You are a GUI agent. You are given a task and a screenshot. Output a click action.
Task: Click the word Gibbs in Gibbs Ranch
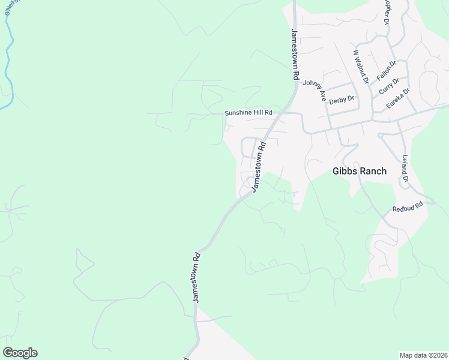(x=345, y=171)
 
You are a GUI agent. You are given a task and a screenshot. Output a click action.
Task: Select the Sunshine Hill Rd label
(x=249, y=113)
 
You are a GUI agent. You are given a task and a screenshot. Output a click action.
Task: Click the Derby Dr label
(x=342, y=98)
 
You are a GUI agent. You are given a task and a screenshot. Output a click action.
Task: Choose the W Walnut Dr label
(x=360, y=66)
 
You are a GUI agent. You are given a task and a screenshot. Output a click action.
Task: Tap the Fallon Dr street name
(x=387, y=71)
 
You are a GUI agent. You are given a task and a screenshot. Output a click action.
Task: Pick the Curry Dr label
(x=389, y=86)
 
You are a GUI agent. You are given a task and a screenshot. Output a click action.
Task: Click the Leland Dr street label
(x=405, y=169)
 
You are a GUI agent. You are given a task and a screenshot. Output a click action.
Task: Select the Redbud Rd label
(x=408, y=207)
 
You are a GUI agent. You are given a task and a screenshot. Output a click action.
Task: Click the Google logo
(x=20, y=353)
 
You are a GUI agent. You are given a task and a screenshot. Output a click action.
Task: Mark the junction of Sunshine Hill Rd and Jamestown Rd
(x=284, y=112)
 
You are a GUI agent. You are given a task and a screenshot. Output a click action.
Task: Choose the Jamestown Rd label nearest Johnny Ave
(x=295, y=55)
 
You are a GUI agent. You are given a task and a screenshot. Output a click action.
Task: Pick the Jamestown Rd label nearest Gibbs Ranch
(x=259, y=166)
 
